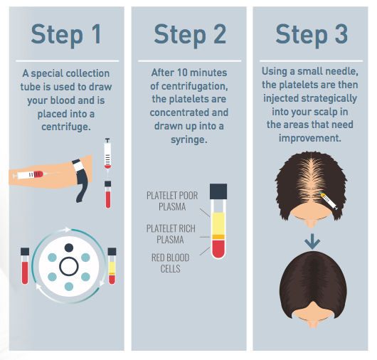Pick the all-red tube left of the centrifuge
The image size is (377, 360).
25,265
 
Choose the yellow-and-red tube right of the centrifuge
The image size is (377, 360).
111,265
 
